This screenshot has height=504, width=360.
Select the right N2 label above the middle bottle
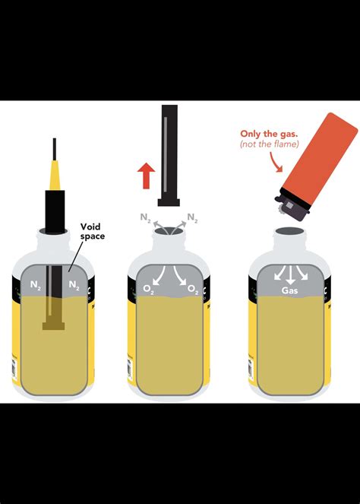click(x=194, y=217)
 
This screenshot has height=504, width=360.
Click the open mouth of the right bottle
click(x=289, y=230)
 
